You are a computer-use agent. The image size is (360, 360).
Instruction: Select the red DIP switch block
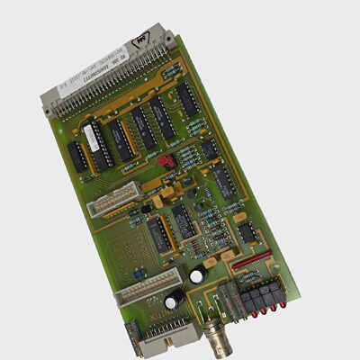coord(165,161)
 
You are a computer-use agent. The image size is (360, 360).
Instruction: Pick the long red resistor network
coord(251,262)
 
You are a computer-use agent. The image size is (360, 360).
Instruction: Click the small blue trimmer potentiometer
coord(137,272)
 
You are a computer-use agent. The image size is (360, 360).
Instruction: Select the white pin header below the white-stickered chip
coord(112,200)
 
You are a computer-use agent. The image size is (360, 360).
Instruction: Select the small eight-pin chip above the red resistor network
coord(247,232)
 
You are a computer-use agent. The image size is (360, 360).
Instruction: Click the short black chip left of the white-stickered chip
coord(77,157)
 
